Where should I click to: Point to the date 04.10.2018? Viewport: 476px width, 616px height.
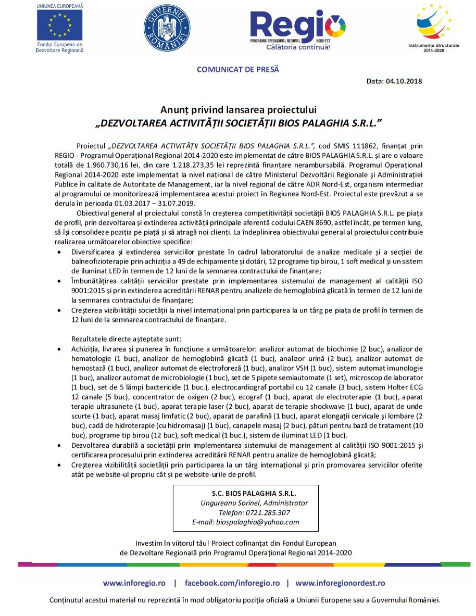point(404,81)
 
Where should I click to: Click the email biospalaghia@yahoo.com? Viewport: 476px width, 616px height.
point(261,522)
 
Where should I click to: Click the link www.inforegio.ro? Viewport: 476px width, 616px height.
point(134,583)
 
